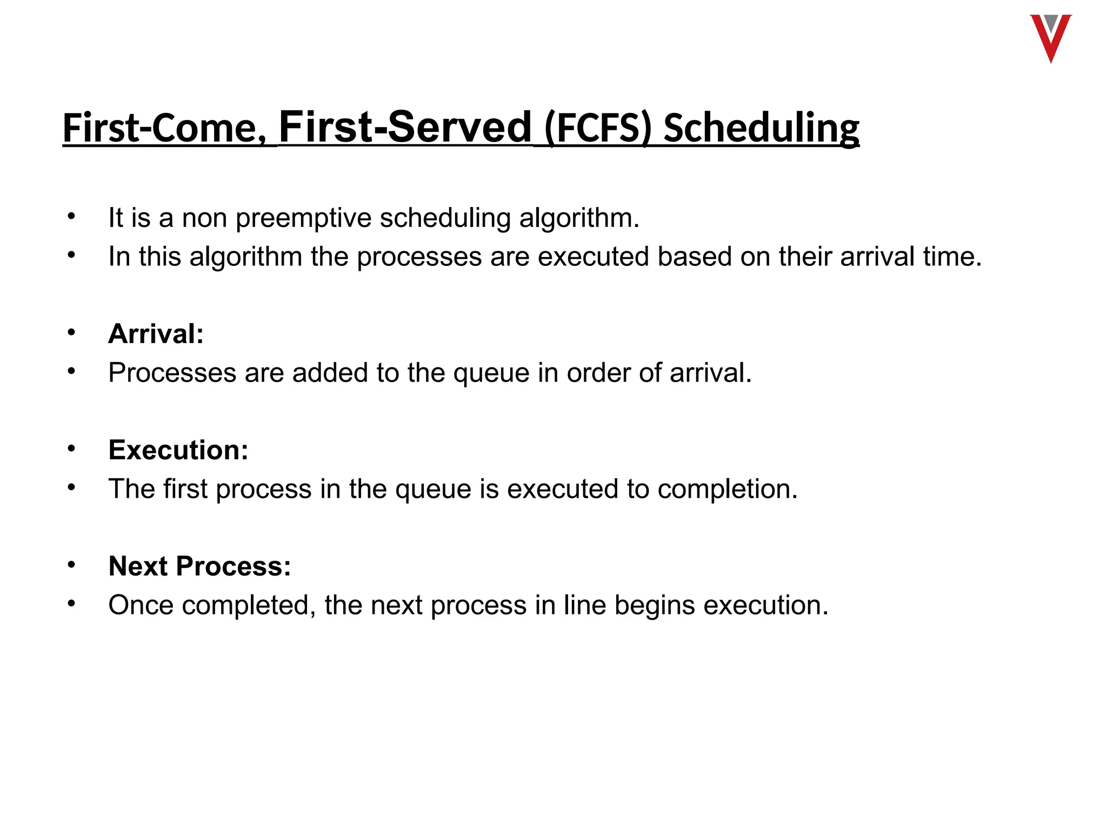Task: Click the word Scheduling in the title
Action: (761, 129)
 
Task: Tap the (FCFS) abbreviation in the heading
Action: (598, 129)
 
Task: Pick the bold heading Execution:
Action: (178, 450)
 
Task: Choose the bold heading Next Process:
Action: (199, 566)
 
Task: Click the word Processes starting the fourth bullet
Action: (172, 373)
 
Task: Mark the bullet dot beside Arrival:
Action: (71, 332)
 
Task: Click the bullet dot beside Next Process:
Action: (71, 565)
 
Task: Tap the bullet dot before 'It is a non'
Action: (71, 217)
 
